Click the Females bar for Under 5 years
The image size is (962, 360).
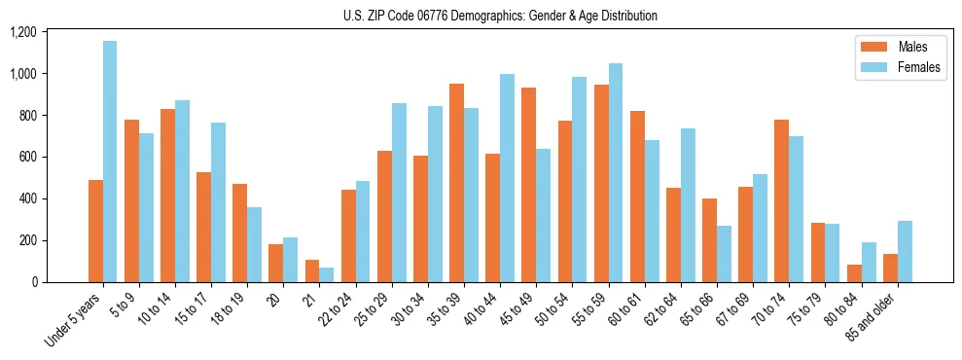(x=110, y=162)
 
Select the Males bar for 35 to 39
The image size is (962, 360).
(x=456, y=183)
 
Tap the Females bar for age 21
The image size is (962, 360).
(x=327, y=274)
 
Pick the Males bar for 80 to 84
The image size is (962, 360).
(x=854, y=273)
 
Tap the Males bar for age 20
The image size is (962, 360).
(x=276, y=263)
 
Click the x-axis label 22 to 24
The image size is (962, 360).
(x=340, y=309)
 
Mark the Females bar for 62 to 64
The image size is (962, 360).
(x=688, y=205)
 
